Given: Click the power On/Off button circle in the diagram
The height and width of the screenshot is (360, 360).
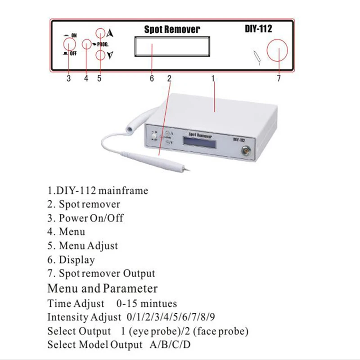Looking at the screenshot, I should (68, 44).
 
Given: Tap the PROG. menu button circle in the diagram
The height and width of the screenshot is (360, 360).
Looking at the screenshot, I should (87, 44).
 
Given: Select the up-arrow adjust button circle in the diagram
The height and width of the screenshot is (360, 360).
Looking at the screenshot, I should (100, 32).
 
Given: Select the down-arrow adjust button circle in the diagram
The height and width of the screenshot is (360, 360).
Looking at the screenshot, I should (100, 55).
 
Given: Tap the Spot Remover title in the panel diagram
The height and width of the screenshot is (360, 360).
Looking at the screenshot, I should (172, 30).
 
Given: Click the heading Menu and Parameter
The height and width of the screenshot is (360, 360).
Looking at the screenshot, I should (103, 288).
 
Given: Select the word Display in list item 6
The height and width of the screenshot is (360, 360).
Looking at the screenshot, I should (77, 260).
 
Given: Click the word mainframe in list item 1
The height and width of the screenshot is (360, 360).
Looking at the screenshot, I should (126, 190).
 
